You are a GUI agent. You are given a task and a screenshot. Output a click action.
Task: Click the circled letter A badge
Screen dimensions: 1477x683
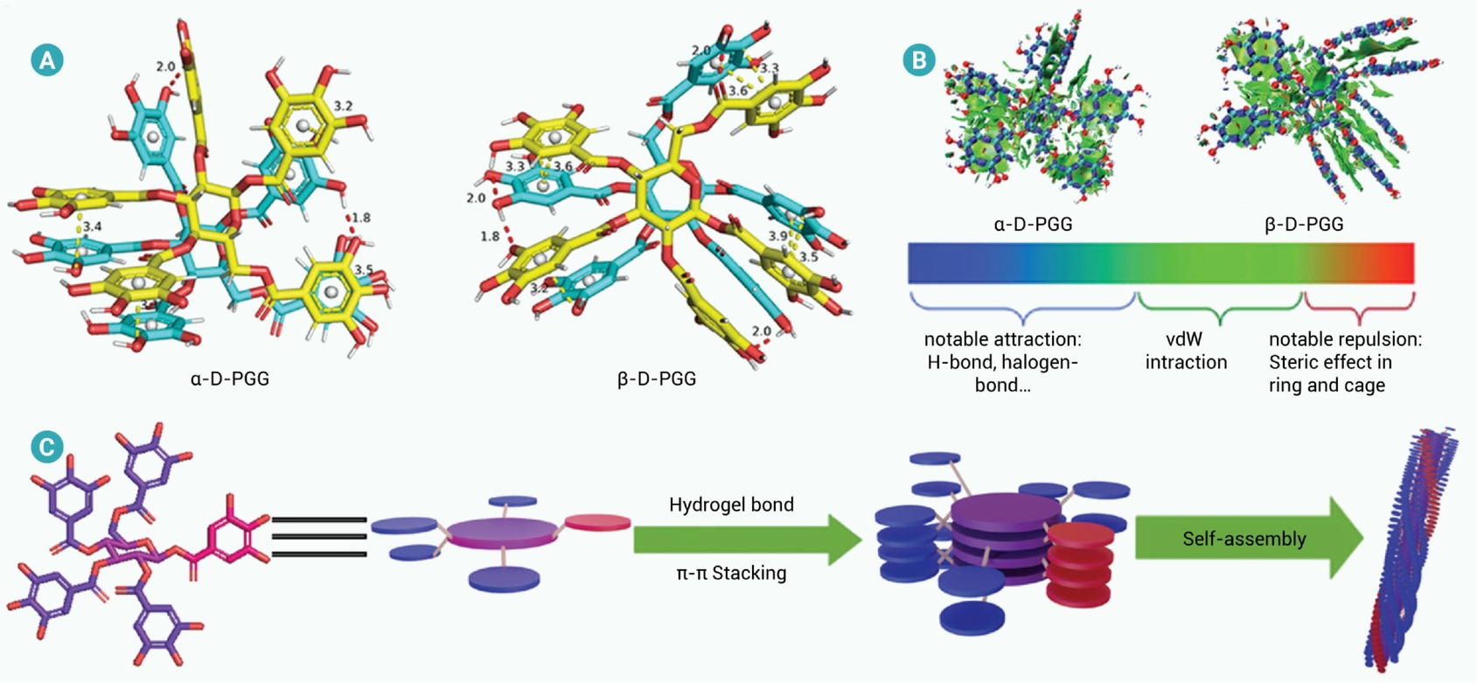47,60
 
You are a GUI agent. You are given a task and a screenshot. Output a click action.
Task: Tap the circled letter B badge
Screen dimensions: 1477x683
919,60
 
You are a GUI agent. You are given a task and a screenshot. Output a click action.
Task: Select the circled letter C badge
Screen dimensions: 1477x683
47,448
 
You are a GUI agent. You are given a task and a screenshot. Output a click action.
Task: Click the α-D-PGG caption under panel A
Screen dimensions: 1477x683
229,379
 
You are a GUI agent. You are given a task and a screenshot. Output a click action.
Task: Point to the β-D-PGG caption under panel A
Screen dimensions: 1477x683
657,379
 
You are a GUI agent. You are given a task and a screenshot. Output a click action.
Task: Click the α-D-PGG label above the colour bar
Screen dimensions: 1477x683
1034,224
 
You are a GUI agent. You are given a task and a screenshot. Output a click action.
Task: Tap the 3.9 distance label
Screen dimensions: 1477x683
777,236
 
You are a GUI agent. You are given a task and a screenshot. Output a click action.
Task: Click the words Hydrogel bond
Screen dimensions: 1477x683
731,505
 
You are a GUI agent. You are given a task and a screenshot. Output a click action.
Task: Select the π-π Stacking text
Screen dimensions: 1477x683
731,572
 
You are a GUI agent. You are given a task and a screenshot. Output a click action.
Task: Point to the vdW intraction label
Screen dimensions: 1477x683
1186,351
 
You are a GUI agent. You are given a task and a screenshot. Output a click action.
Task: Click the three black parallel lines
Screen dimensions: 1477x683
319,537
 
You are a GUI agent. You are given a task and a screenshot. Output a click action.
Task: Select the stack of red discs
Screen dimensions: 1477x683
1080,566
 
